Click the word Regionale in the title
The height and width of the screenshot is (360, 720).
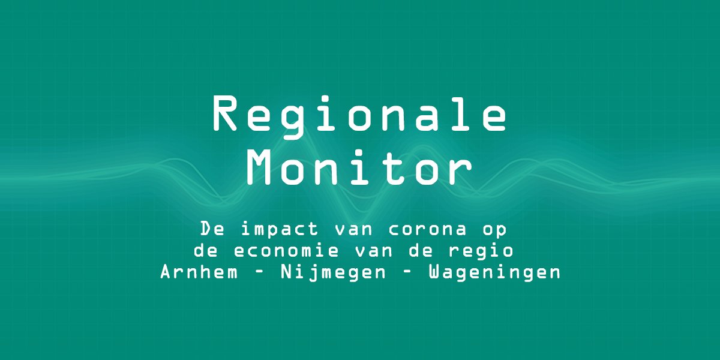360,115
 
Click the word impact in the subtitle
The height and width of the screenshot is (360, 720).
275,229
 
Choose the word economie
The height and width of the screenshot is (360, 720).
283,251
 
